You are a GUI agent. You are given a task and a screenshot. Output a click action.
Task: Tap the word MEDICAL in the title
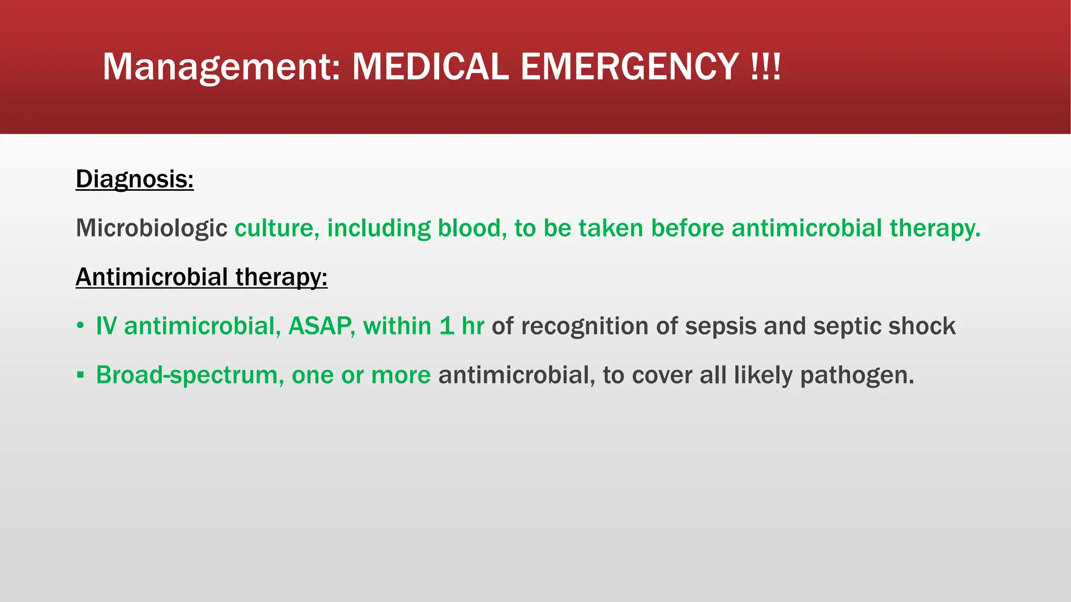point(430,67)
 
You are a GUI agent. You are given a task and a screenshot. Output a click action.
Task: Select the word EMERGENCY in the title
point(629,67)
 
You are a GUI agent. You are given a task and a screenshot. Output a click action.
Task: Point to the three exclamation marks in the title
point(765,67)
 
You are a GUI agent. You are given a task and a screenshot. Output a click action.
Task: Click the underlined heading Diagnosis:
point(134,179)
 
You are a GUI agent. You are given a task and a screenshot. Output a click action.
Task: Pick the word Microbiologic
point(151,228)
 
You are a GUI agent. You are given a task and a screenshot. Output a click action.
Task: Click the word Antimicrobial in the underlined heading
point(152,277)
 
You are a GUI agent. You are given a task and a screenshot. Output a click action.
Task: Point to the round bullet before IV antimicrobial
point(80,326)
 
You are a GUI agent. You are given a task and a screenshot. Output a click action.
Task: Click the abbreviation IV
point(106,326)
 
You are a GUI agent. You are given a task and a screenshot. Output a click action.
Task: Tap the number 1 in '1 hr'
point(446,326)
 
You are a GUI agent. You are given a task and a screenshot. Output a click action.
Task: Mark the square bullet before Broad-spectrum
point(80,375)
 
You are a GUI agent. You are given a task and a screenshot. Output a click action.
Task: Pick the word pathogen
point(857,375)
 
